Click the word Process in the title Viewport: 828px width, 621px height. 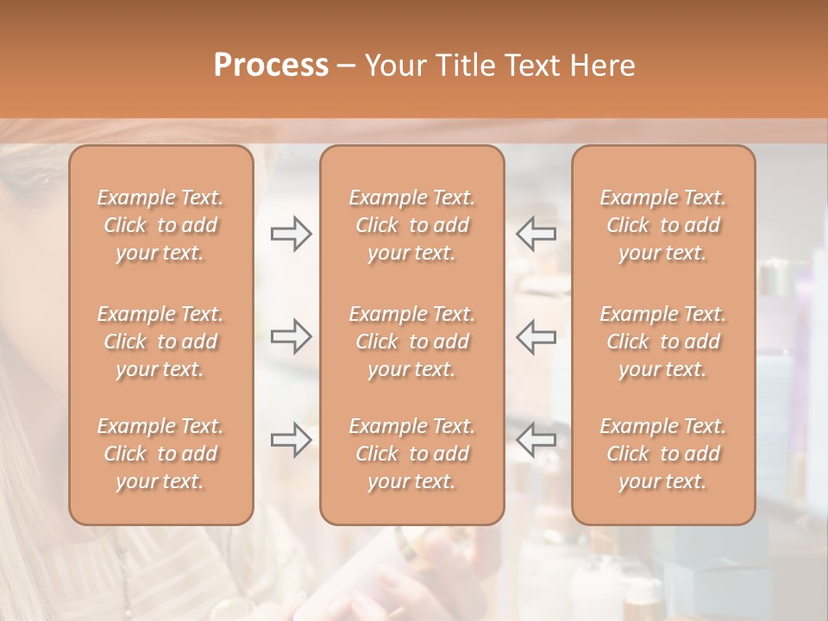coord(271,66)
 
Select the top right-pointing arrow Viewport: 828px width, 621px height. coord(292,234)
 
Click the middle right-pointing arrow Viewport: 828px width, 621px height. coord(292,336)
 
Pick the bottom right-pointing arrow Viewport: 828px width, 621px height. coord(292,440)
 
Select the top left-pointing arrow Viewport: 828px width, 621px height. coord(536,234)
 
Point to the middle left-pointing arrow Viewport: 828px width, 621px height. coord(536,336)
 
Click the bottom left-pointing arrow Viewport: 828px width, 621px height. coord(536,440)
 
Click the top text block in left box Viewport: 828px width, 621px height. coord(160,225)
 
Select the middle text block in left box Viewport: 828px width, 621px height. coord(160,342)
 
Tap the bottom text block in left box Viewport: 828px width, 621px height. coord(160,454)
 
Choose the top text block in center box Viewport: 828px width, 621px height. coord(412,225)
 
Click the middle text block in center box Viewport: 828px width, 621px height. coord(412,342)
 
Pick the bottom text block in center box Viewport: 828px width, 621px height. coord(412,454)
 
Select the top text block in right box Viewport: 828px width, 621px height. coord(663,225)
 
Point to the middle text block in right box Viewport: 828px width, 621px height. coord(663,342)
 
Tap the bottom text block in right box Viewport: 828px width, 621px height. coord(663,454)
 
